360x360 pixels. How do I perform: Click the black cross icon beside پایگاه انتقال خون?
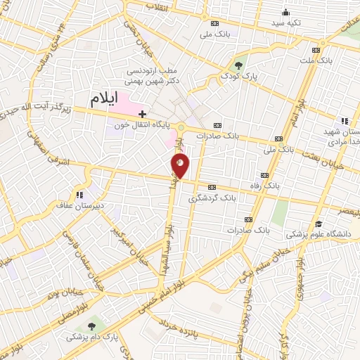pos(143,113)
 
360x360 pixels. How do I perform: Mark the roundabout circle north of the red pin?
pos(181,127)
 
